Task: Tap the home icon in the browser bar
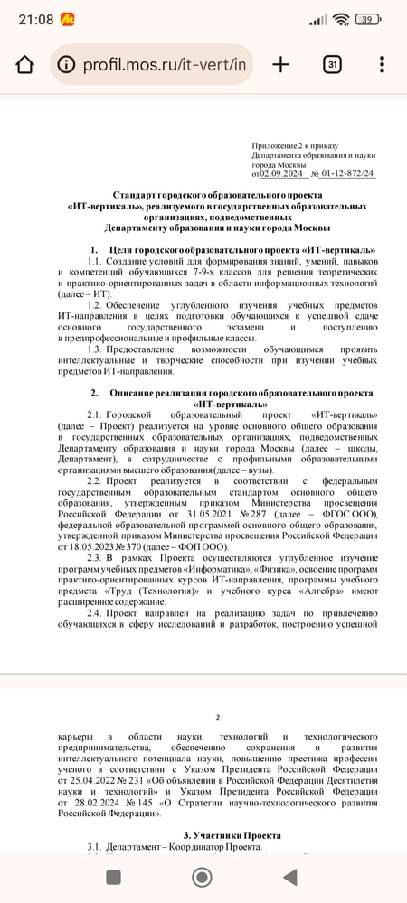(x=24, y=65)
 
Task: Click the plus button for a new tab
(x=281, y=64)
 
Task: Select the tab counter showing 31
(x=332, y=64)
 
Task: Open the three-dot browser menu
(x=383, y=64)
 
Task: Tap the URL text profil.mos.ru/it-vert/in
(x=163, y=65)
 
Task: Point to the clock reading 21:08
(x=24, y=19)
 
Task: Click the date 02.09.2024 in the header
(x=280, y=174)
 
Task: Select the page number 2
(x=217, y=717)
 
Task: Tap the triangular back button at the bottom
(x=289, y=877)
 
